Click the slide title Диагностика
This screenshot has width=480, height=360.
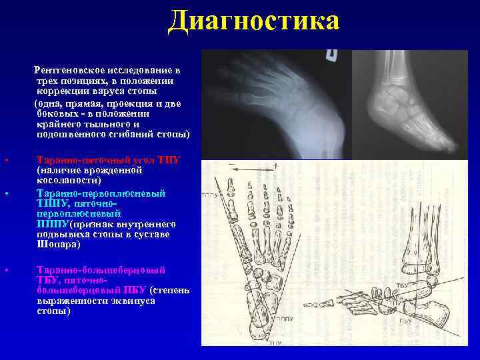coord(254,21)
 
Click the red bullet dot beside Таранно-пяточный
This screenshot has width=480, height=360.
coord(6,161)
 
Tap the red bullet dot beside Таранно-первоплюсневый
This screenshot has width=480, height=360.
coord(6,193)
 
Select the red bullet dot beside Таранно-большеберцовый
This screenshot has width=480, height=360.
coord(6,270)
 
